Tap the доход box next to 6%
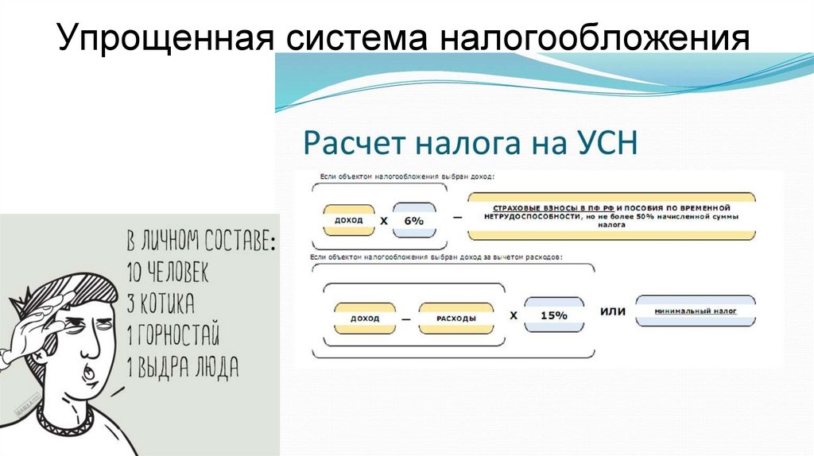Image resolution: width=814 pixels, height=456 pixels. [x=349, y=220]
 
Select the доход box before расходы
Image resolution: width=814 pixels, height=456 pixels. [x=365, y=319]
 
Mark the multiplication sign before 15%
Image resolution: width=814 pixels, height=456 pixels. [x=514, y=315]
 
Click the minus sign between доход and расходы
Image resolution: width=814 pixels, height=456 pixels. [x=406, y=319]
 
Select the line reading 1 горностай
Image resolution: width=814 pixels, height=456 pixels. [x=172, y=335]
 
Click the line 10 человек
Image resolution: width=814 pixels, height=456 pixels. [x=168, y=274]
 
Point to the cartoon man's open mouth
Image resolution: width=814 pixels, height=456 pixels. [x=91, y=371]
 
